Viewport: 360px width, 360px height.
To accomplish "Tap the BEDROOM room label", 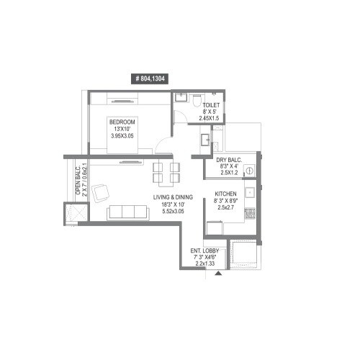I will click(x=124, y=120).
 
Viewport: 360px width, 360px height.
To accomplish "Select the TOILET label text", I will click(x=211, y=105).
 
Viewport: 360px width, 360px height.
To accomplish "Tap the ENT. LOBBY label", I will click(x=204, y=251).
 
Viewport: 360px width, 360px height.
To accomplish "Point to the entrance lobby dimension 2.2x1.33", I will click(x=205, y=264).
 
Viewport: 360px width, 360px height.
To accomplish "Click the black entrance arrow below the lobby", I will click(x=218, y=273).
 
